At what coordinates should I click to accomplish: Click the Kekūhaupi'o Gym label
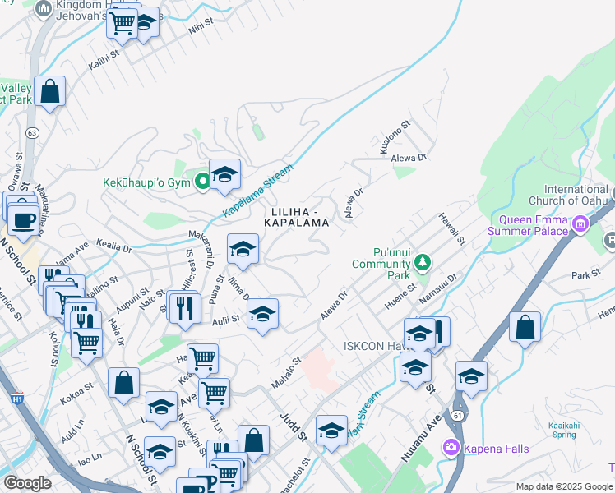click(x=147, y=181)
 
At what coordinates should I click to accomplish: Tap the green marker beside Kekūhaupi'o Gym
click(x=203, y=182)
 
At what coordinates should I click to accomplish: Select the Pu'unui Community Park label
click(x=380, y=257)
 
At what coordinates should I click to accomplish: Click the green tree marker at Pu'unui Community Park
click(x=423, y=263)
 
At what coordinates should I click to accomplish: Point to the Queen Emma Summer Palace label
click(x=534, y=225)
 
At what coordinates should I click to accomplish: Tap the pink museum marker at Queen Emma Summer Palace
click(x=580, y=223)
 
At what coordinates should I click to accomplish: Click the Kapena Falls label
click(x=497, y=449)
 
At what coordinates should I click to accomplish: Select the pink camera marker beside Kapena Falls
click(x=451, y=448)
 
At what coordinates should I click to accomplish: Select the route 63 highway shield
click(x=32, y=132)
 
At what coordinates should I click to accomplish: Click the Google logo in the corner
click(x=27, y=483)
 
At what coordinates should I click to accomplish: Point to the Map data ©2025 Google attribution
click(x=564, y=486)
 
